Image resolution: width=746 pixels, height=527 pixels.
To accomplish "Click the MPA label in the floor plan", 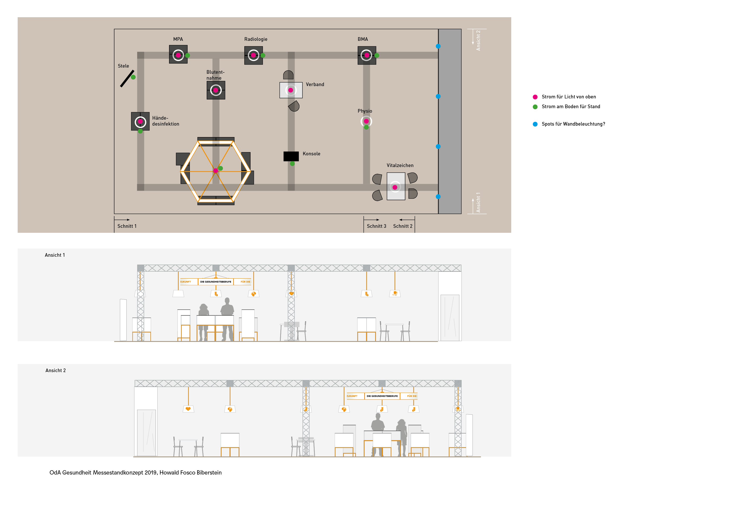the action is (x=178, y=39).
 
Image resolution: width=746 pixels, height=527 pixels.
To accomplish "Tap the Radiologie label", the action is (x=256, y=39).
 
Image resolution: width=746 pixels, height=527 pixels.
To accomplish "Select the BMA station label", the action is (x=363, y=39).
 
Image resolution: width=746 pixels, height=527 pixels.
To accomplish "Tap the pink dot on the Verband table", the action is (x=291, y=90).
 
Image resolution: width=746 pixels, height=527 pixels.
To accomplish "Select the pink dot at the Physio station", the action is (x=366, y=121).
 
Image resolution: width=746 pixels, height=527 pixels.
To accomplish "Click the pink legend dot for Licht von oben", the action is (x=535, y=97).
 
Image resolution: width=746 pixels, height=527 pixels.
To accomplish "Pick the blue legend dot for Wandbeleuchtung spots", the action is (x=535, y=124).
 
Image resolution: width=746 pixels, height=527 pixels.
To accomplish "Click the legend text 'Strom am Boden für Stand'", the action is (x=571, y=106).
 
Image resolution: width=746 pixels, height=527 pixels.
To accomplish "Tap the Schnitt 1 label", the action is (x=127, y=226).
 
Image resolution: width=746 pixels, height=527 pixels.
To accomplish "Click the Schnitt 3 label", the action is (x=376, y=226).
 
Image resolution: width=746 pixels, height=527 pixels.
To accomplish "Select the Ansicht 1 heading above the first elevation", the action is (x=55, y=255).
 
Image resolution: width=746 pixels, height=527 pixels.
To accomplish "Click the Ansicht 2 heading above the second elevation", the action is (x=56, y=370).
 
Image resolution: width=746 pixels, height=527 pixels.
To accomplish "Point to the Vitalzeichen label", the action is (x=400, y=165).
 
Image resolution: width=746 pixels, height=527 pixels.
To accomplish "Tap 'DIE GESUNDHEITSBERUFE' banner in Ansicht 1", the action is (x=216, y=282).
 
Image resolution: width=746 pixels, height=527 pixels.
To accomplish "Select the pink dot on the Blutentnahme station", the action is (x=216, y=90).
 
